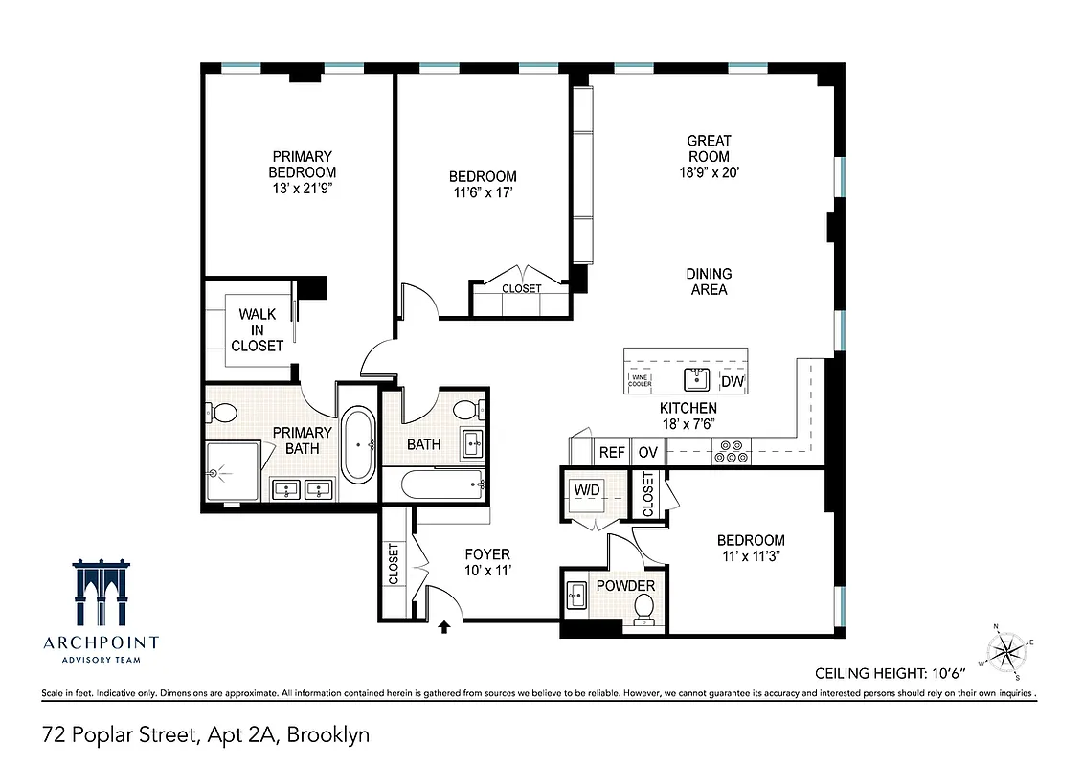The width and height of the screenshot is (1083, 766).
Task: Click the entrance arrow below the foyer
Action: click(444, 628)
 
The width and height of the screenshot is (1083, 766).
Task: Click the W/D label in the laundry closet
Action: click(587, 490)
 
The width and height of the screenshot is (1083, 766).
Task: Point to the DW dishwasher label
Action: click(733, 382)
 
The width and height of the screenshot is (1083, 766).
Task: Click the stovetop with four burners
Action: click(733, 452)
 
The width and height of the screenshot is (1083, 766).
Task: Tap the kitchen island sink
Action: click(696, 380)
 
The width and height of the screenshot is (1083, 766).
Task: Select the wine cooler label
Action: click(641, 381)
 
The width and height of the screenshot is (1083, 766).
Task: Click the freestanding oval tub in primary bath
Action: click(359, 444)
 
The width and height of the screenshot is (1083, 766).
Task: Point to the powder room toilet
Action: click(644, 606)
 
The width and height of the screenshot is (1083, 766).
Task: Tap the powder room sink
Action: click(576, 595)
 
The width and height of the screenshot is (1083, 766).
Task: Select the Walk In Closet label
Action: click(258, 329)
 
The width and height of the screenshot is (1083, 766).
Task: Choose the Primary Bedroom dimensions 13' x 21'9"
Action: click(302, 188)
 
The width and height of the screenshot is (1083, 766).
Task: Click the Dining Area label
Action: click(709, 282)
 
